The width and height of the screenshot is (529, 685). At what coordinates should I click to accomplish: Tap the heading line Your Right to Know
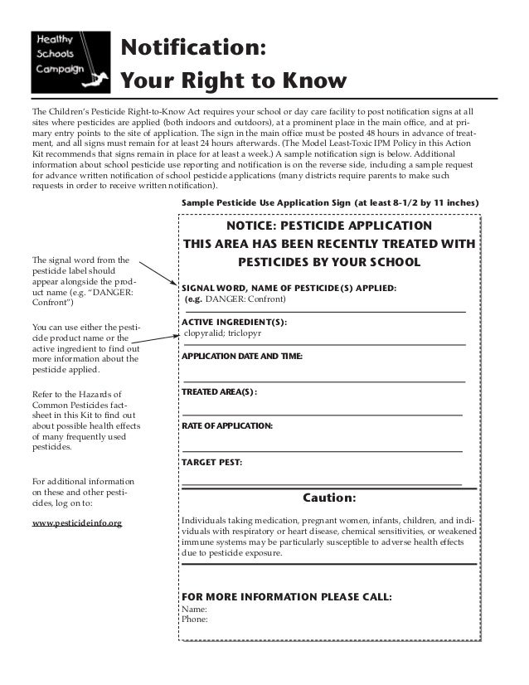pos(233,81)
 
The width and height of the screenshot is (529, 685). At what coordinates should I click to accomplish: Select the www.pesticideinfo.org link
pos(76,523)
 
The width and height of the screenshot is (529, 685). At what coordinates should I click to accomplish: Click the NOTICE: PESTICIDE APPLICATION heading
pos(328,226)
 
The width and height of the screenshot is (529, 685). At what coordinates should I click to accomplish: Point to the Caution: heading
pos(328,498)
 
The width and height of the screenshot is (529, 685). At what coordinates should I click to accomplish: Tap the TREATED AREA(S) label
pos(219,391)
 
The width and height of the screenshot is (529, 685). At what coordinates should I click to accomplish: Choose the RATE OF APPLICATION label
pos(226,425)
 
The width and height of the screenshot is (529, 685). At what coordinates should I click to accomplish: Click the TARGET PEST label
pos(211,460)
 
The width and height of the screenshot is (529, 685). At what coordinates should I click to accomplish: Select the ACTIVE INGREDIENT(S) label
pos(228,321)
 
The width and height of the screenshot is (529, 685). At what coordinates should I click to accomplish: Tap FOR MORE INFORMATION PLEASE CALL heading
pos(286,596)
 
